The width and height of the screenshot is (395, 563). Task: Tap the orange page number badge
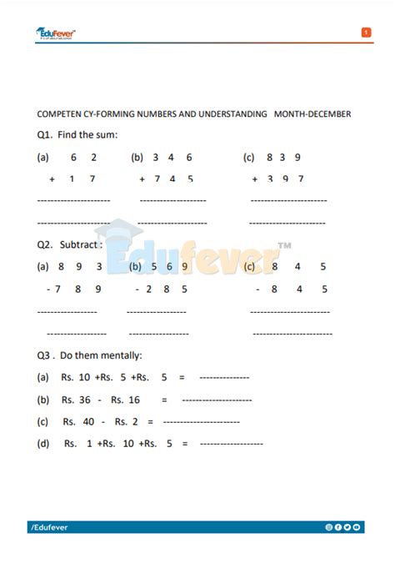[366, 33]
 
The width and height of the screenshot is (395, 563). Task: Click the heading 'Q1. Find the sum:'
[77, 134]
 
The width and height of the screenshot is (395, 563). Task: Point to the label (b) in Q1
[137, 157]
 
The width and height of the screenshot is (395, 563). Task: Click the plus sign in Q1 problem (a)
[52, 178]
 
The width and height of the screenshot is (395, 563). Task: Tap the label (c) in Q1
[248, 157]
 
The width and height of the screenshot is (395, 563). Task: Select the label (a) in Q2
[43, 267]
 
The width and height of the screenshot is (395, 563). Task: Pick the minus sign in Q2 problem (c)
[259, 289]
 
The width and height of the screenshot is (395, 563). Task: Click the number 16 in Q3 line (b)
[133, 400]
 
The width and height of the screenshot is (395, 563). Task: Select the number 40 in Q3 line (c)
[88, 421]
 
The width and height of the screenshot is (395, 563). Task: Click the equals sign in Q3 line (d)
[184, 444]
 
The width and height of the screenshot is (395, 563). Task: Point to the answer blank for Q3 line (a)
[224, 378]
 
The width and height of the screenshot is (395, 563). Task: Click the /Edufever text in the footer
[52, 527]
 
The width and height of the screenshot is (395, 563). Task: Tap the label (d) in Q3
[43, 444]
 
